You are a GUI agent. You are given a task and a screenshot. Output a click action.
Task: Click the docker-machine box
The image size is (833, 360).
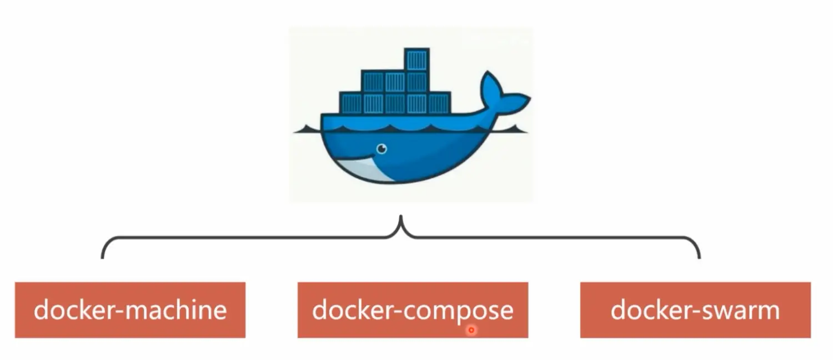130,310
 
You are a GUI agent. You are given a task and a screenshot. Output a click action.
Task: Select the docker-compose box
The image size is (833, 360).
413,310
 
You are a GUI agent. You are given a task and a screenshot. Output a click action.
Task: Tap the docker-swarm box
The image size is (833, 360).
695,310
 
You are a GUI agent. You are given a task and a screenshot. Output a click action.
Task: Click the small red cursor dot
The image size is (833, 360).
471,330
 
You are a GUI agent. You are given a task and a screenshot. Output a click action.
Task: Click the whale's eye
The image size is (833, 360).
382,148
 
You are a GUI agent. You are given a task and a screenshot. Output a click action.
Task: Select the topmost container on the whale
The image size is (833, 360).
416,60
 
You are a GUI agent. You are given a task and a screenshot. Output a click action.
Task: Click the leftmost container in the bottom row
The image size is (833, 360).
350,103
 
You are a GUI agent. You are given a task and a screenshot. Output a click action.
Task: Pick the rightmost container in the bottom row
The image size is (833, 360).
439,103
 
